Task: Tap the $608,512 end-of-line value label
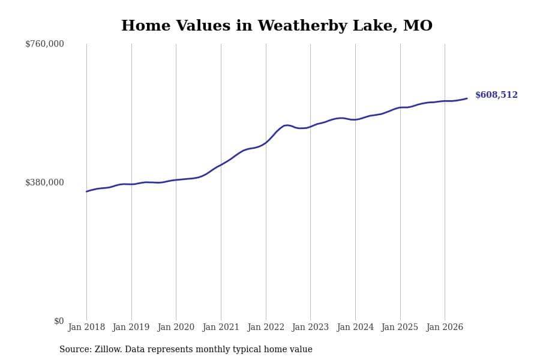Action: [496, 95]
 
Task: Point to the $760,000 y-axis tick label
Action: [44, 44]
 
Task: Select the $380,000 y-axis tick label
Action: [44, 182]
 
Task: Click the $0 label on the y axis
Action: [59, 321]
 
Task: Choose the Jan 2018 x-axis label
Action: [86, 327]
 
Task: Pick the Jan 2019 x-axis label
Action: [131, 327]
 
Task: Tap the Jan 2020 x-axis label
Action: [176, 327]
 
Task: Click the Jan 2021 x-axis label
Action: [221, 327]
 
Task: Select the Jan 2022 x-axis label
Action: [266, 327]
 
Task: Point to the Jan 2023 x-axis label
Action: [310, 327]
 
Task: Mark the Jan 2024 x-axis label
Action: [355, 327]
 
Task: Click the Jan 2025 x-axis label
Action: [400, 327]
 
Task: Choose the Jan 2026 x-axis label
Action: [445, 327]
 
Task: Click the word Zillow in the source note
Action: [108, 349]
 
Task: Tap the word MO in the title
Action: [418, 26]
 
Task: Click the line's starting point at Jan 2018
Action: [86, 191]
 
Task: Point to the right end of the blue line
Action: [467, 98]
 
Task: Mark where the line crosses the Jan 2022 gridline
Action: [266, 142]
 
